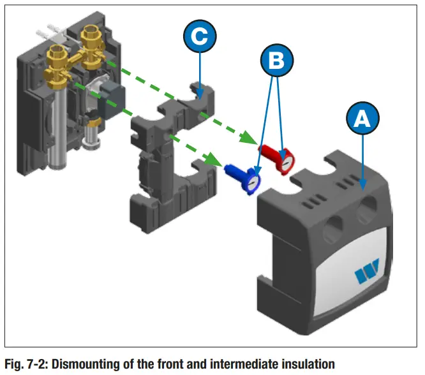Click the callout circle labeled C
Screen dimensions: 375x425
click(x=200, y=36)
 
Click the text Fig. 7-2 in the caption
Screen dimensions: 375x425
click(x=25, y=364)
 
